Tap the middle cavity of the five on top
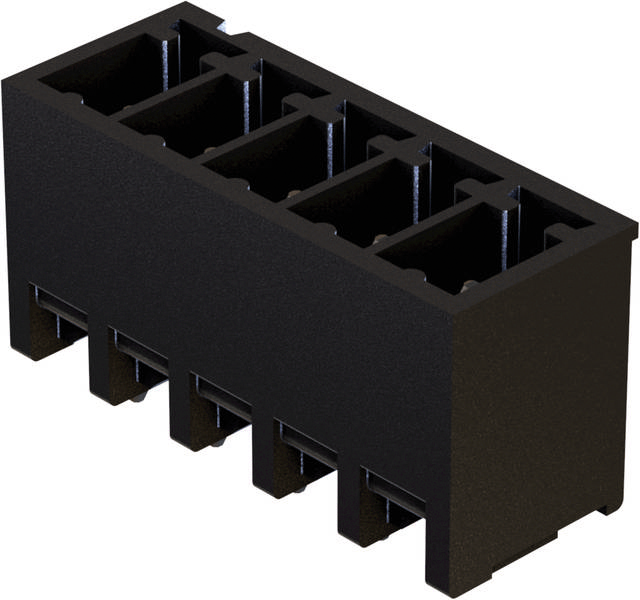(x=270, y=155)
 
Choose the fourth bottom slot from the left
(x=306, y=445)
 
